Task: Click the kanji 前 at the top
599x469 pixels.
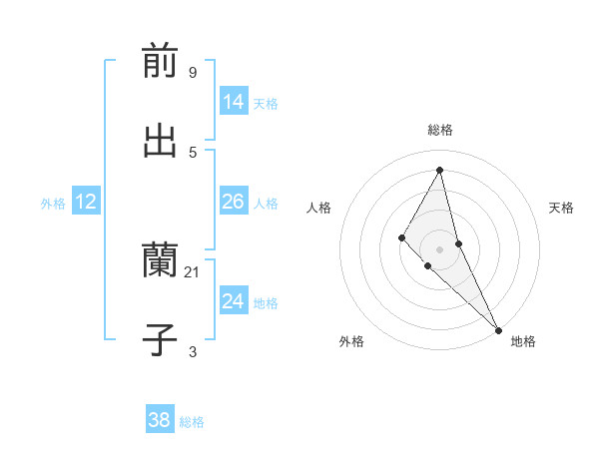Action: click(x=160, y=61)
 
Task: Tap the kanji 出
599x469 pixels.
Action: click(x=160, y=141)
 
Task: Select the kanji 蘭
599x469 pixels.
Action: click(x=160, y=261)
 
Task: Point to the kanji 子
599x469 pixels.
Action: click(x=160, y=340)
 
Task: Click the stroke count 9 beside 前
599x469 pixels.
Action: click(x=192, y=73)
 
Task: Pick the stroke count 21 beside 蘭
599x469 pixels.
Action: click(x=193, y=272)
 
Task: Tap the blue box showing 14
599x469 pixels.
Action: click(x=234, y=102)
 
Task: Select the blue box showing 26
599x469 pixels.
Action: click(x=234, y=203)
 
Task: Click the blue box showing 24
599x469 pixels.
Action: click(x=234, y=301)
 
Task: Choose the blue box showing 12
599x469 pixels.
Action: click(x=86, y=203)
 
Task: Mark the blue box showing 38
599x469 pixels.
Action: click(x=160, y=420)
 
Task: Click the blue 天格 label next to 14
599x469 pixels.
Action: click(x=266, y=104)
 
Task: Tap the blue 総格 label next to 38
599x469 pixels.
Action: click(x=192, y=422)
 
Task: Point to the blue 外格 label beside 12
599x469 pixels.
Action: click(x=53, y=204)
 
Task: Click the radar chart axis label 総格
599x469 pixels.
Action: click(x=440, y=130)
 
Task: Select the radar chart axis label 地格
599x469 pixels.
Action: click(x=523, y=341)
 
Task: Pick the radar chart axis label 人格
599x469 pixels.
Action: click(x=318, y=208)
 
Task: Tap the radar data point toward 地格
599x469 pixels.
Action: click(x=497, y=328)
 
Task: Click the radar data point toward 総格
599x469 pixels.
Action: click(x=439, y=170)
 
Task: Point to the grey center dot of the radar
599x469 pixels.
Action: click(x=439, y=249)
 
